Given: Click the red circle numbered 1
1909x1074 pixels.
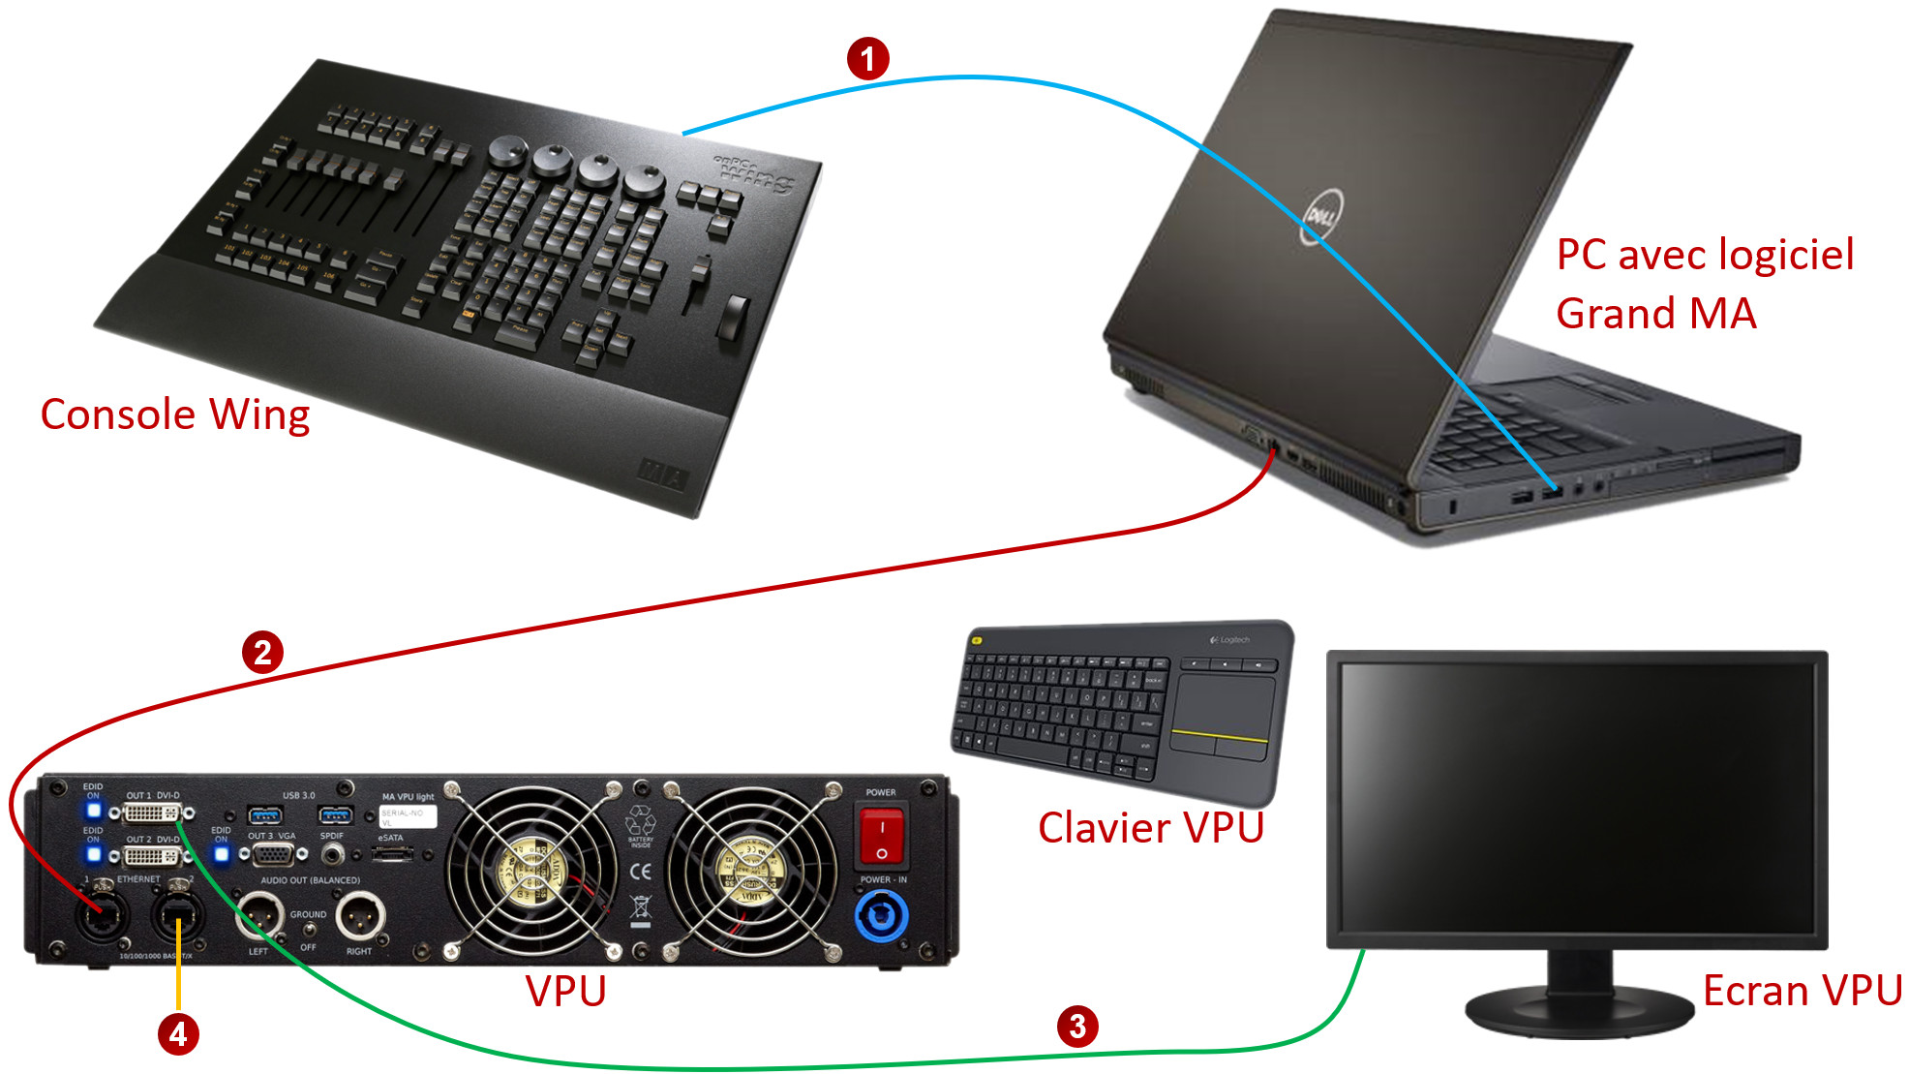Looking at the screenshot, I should coord(867,58).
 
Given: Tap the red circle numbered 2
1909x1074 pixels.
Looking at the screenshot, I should coord(262,652).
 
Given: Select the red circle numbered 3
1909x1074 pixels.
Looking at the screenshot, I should coord(1077,1027).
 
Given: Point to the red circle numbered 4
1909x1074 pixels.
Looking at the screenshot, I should coord(178,1034).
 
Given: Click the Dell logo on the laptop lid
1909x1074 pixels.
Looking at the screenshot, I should coord(1320,216).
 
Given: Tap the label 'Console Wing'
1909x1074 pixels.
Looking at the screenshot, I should coord(174,415).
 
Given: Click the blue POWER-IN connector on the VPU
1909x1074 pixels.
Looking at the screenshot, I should coord(881,915).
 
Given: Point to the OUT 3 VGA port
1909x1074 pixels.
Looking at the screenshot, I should coord(274,855).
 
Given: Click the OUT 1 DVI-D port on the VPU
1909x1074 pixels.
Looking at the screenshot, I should coord(153,813).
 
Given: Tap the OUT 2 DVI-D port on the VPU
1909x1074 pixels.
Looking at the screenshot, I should coord(153,856).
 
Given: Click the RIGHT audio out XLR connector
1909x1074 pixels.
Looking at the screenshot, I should coord(359,914).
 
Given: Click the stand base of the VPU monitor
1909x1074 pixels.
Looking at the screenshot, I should coord(1578,1012).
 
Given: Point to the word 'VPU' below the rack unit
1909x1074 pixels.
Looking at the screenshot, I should coord(565,992).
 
